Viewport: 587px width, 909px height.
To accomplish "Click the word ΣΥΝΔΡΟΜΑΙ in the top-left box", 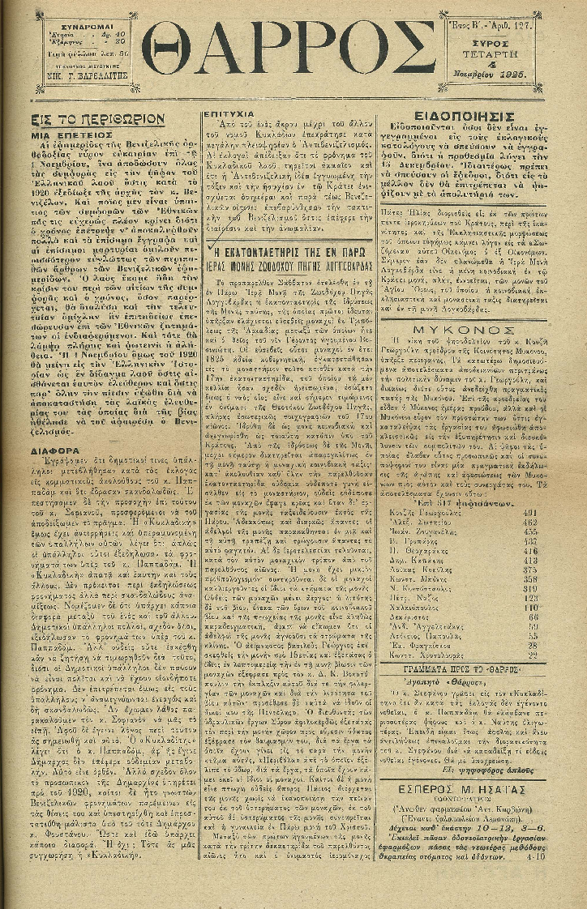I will pyautogui.click(x=90, y=24).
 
